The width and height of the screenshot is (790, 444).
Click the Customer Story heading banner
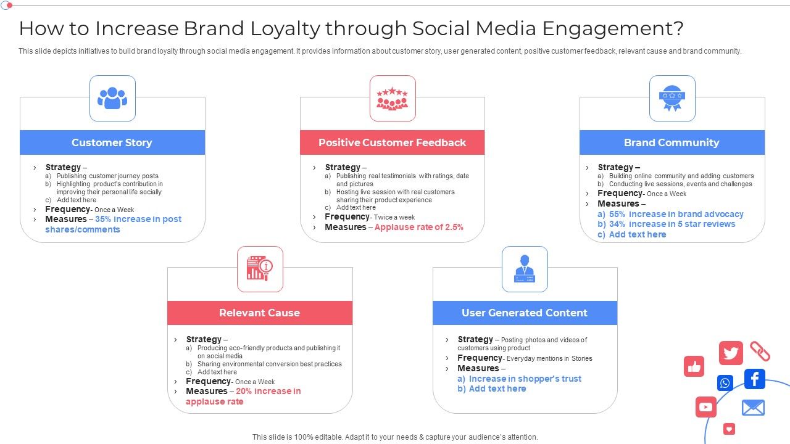point(112,142)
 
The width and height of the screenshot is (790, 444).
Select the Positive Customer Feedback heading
point(392,142)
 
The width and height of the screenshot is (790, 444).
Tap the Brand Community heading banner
point(671,142)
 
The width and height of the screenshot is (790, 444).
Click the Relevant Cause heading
point(259,313)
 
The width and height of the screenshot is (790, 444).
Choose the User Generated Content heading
point(525,313)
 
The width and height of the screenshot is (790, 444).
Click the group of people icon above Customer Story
point(112,98)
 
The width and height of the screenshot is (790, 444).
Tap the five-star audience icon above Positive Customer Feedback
point(393,98)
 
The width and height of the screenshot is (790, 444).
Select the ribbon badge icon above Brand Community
point(671,98)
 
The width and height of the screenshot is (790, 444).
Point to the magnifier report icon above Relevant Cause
point(260,269)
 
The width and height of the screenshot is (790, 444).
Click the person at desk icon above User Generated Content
point(525,269)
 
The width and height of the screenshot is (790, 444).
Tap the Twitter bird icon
point(731,353)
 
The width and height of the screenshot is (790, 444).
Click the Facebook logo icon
point(754,379)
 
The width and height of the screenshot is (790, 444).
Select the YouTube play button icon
point(705,407)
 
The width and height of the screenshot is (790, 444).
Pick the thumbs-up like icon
point(694,367)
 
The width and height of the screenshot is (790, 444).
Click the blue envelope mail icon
point(752,408)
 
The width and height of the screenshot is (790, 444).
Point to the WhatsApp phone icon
point(725,383)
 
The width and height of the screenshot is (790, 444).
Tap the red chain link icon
point(760,351)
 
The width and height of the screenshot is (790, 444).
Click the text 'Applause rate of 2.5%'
point(418,227)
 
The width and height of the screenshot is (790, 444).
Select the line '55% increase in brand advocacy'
point(676,214)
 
